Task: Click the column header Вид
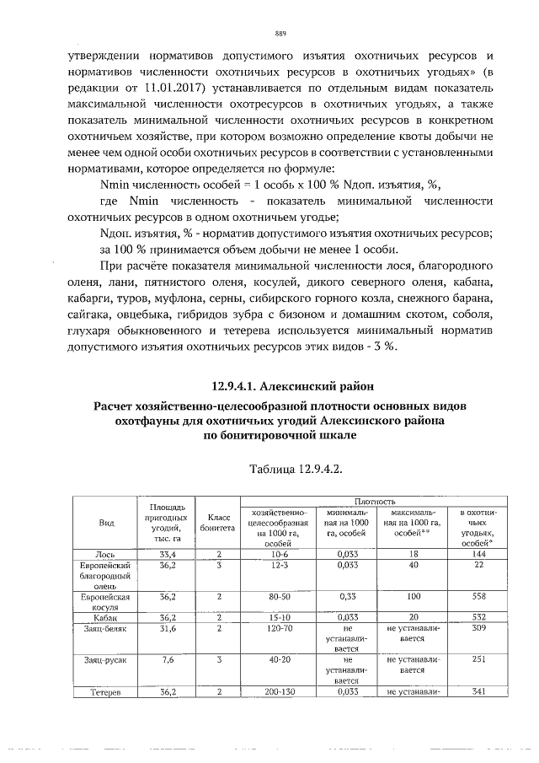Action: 107,523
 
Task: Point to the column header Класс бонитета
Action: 217,523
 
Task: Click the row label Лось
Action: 107,554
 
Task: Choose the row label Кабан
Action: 107,617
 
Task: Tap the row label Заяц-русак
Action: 107,660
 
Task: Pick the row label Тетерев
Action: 107,692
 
